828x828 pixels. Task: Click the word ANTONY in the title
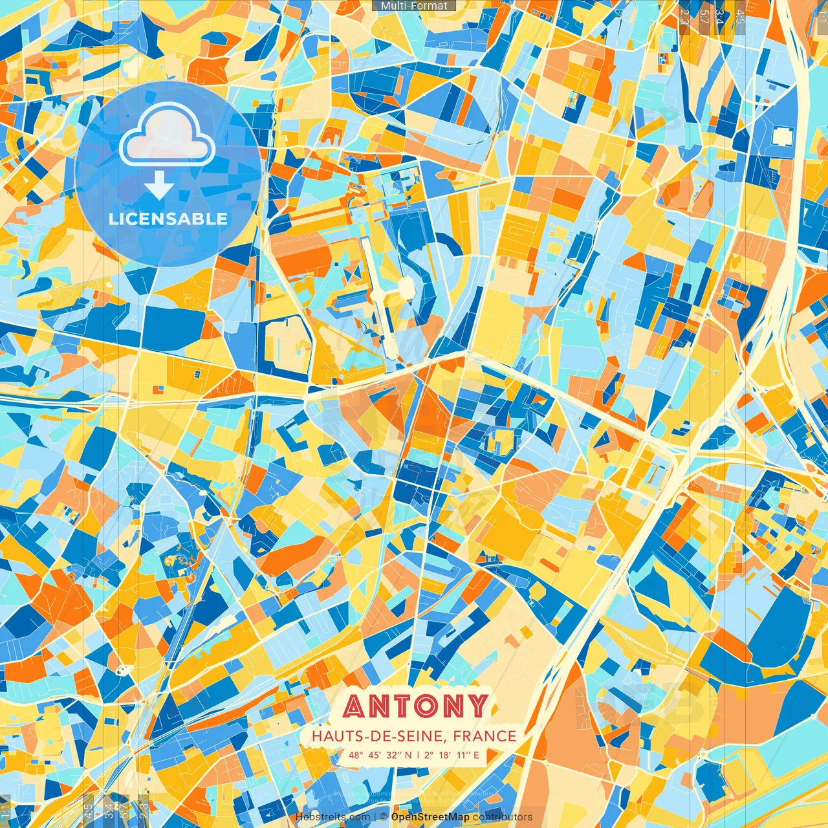tap(415, 706)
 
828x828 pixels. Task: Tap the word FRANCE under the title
tap(485, 736)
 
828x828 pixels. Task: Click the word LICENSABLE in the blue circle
tap(168, 219)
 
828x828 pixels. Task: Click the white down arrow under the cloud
tap(158, 188)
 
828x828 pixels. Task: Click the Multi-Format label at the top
tap(414, 6)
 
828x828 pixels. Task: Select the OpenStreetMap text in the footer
tap(430, 817)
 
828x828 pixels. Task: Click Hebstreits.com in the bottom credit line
tap(332, 817)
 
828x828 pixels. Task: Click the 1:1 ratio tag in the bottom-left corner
tap(6, 811)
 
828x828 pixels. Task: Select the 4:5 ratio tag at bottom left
tap(88, 811)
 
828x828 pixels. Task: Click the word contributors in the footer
tap(503, 817)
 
